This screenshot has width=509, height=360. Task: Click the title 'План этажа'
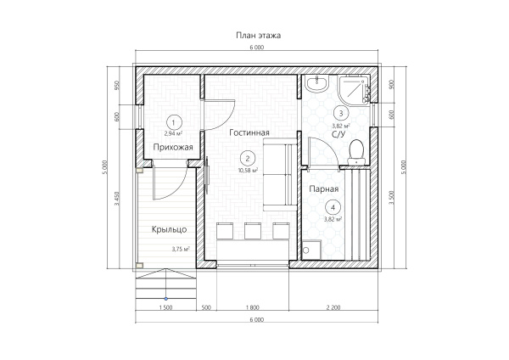coord(258,35)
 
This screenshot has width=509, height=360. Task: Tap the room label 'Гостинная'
coord(249,132)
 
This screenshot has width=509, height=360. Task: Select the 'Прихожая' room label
coord(173,148)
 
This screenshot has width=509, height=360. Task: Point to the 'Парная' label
coord(324,189)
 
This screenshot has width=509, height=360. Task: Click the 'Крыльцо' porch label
coord(169,229)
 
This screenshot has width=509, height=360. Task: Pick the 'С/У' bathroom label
coord(338,134)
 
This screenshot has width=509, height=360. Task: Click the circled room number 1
coord(174,122)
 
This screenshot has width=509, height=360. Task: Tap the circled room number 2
coord(248,159)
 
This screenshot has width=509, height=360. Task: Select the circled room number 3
coord(341,114)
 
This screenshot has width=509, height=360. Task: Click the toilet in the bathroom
coord(356,152)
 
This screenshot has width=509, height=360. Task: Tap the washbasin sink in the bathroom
coord(316,83)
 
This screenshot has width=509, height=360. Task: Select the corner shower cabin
coord(354,89)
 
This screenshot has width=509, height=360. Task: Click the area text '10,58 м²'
coord(248,170)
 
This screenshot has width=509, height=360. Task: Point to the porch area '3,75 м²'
coord(181,250)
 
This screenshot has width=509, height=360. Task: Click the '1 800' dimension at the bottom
coord(253,307)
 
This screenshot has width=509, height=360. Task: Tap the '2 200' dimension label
coord(333,307)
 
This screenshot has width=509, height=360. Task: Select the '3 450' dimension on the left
coord(117,199)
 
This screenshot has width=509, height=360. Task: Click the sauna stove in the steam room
coord(311,250)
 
